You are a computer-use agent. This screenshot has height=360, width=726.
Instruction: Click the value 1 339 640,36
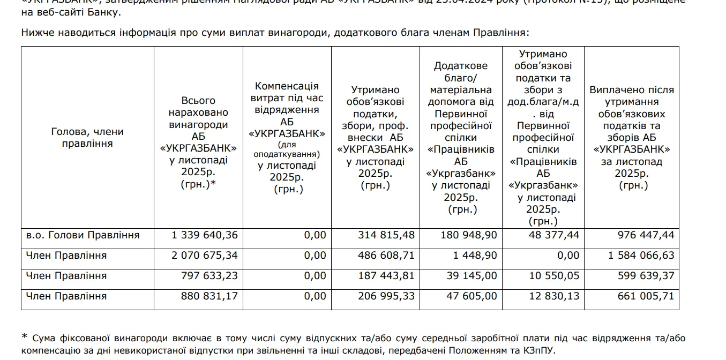[205, 235]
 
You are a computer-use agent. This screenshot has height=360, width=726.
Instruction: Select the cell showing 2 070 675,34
[205, 256]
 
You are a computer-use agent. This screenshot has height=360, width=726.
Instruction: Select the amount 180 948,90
[468, 235]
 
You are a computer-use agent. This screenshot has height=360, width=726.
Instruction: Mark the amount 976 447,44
[640, 235]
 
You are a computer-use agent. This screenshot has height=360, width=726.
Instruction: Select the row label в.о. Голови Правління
[83, 235]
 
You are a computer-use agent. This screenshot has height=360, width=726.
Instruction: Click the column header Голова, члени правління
[87, 137]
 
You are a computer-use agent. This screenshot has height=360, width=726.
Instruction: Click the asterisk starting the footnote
[24, 337]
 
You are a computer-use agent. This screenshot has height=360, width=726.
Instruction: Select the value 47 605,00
[471, 296]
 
